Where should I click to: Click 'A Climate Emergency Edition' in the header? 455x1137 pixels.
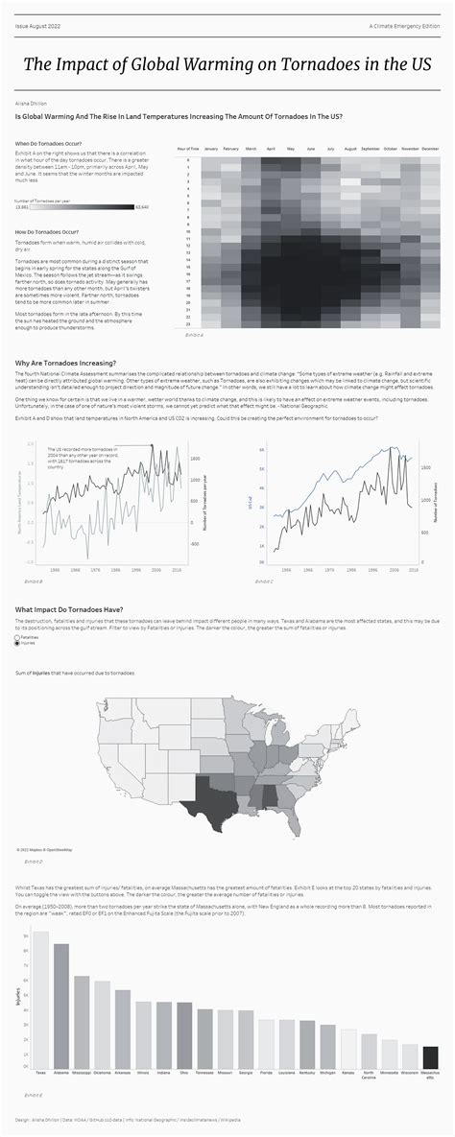click(404, 26)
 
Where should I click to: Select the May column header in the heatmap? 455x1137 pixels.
click(290, 150)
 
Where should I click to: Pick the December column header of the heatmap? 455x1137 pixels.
click(430, 150)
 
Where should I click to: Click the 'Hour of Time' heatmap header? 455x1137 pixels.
click(188, 150)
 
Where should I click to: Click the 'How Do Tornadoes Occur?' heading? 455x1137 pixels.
click(47, 233)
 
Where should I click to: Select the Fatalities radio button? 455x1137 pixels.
click(18, 636)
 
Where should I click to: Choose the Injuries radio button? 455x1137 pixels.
click(18, 643)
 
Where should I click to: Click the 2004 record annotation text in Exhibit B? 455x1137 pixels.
click(91, 457)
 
